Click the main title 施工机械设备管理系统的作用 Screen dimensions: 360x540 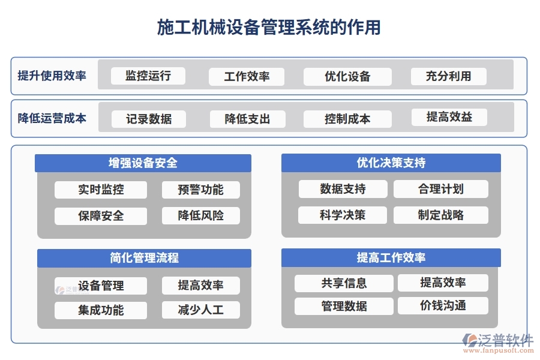click(269, 27)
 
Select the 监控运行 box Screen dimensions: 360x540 click(148, 76)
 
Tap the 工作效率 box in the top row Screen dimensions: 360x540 click(247, 76)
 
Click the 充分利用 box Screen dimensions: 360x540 click(448, 76)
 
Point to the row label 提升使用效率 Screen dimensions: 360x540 click(52, 76)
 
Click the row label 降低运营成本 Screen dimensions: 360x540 click(52, 118)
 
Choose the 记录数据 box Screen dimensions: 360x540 click(149, 119)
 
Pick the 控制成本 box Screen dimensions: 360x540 click(347, 119)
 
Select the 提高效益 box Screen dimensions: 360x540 click(449, 117)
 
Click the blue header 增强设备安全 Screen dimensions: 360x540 click(143, 163)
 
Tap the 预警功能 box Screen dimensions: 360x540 click(200, 190)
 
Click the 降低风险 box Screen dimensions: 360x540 click(200, 215)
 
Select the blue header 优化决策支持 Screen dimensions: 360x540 click(391, 163)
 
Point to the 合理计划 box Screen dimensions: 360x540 click(440, 189)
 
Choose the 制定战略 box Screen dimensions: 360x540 click(440, 215)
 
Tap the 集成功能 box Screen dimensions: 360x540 click(101, 310)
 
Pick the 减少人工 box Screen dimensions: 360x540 click(200, 310)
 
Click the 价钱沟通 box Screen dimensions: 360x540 click(443, 305)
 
